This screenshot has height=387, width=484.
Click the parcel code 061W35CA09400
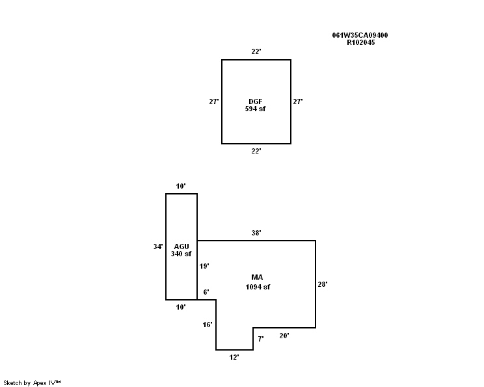pyautogui.click(x=360, y=35)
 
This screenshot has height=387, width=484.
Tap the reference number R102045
pyautogui.click(x=360, y=42)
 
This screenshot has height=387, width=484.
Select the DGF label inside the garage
pyautogui.click(x=256, y=101)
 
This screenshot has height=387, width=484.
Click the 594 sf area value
pyautogui.click(x=256, y=109)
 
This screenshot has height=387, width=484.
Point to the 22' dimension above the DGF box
pyautogui.click(x=256, y=51)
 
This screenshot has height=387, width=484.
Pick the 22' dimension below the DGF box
pyautogui.click(x=256, y=151)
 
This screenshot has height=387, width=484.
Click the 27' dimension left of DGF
pyautogui.click(x=213, y=101)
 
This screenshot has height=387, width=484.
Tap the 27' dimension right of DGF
pyautogui.click(x=298, y=101)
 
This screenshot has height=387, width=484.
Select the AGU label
pyautogui.click(x=181, y=246)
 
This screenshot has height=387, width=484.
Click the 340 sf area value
pyautogui.click(x=181, y=254)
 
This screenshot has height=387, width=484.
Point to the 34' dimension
pyautogui.click(x=157, y=247)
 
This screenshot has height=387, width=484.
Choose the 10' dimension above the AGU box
pyautogui.click(x=181, y=186)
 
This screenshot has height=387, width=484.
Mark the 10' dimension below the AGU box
pyautogui.click(x=181, y=306)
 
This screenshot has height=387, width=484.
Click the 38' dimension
pyautogui.click(x=256, y=232)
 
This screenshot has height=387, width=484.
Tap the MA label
pyautogui.click(x=257, y=278)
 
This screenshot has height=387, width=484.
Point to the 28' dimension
pyautogui.click(x=323, y=284)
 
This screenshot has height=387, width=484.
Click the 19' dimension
pyautogui.click(x=204, y=266)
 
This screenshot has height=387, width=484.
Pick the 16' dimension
pyautogui.click(x=208, y=324)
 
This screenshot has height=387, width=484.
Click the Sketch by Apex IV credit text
pyautogui.click(x=32, y=382)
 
